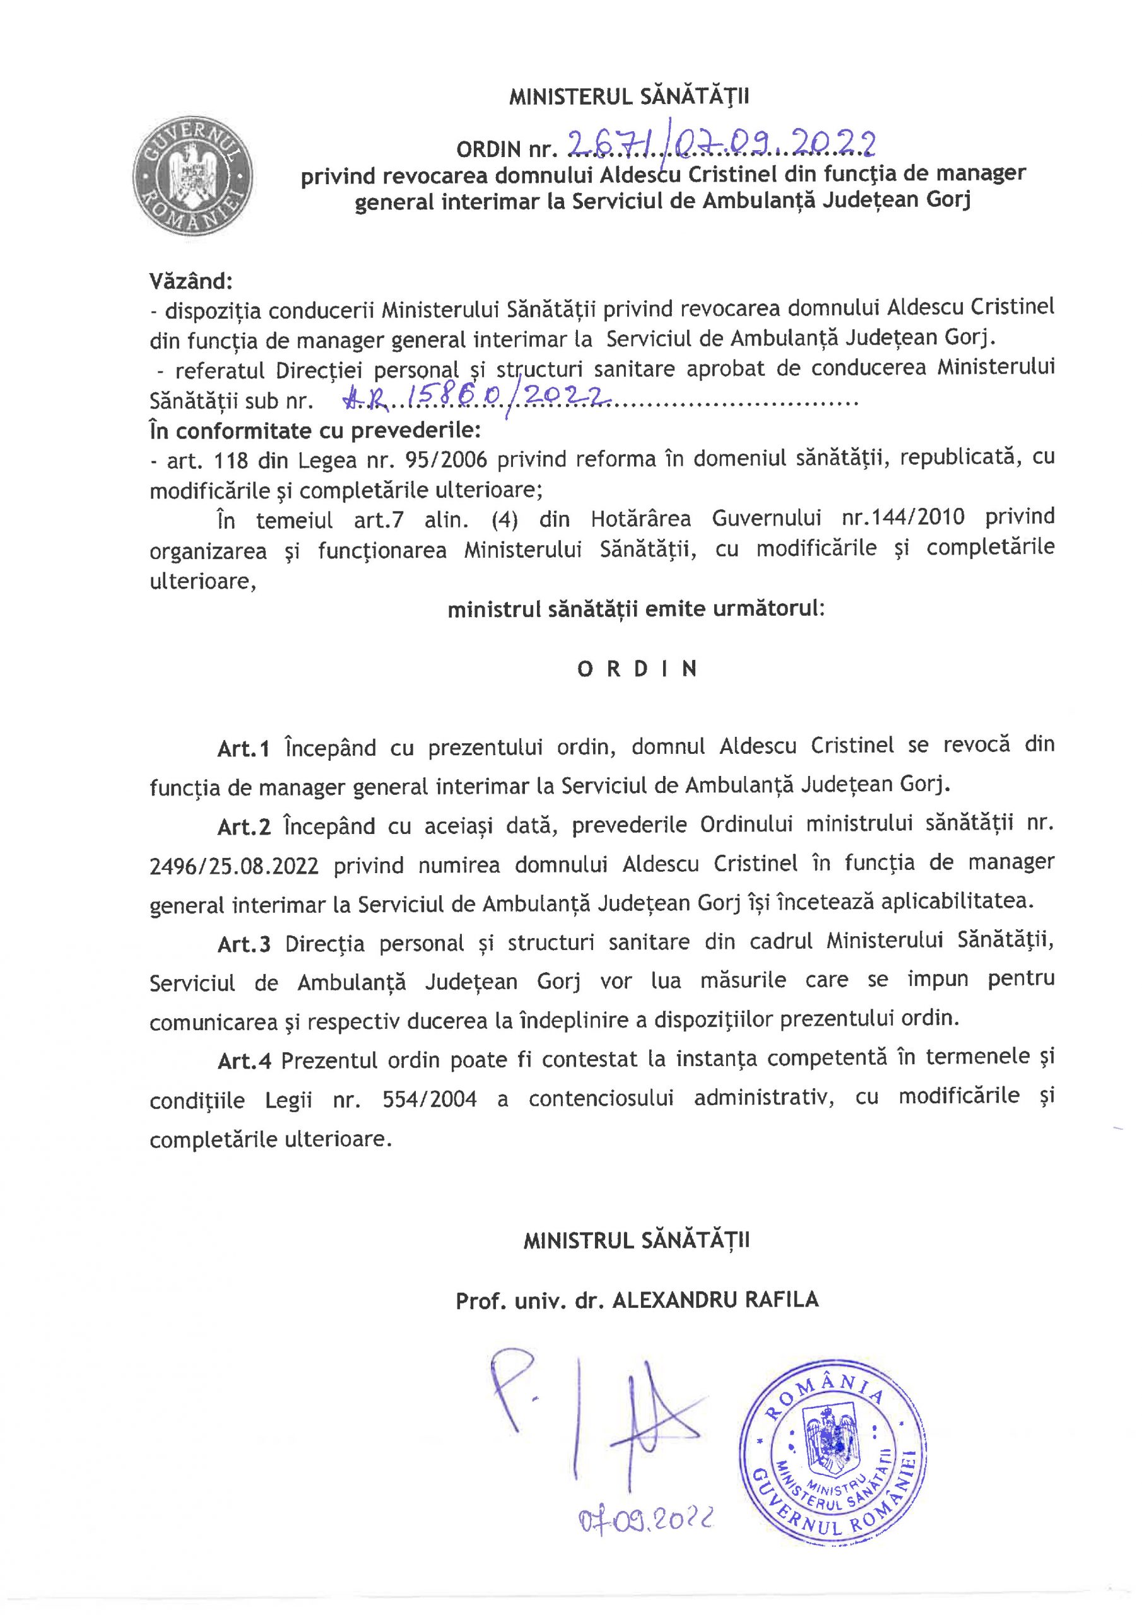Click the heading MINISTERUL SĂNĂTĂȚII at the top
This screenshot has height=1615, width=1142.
tap(629, 97)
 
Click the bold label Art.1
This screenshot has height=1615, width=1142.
tap(244, 748)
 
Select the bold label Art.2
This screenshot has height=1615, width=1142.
tap(244, 826)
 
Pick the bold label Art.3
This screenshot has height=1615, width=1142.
tap(244, 944)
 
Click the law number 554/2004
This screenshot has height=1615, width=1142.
tap(429, 1100)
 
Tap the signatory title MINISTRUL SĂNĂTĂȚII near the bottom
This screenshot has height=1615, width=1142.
tap(636, 1240)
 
